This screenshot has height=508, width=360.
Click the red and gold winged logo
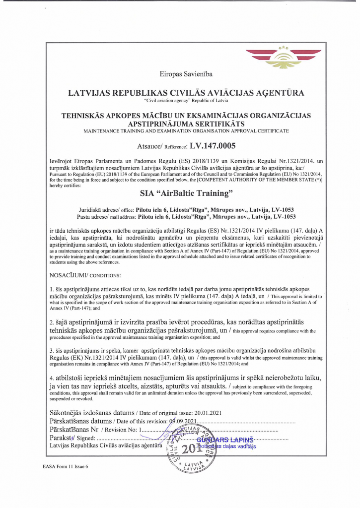click(x=284, y=58)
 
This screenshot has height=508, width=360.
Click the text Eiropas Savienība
click(x=186, y=74)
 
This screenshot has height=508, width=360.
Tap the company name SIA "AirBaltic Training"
click(x=186, y=192)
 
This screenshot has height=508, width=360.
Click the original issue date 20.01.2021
click(x=208, y=412)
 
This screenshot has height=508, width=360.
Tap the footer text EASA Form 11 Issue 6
click(x=65, y=467)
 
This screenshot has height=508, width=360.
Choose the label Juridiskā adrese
click(x=99, y=210)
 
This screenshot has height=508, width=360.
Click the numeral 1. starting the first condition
click(x=52, y=289)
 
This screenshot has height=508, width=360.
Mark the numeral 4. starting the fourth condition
click(x=52, y=379)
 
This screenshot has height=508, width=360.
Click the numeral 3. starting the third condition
click(x=52, y=351)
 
